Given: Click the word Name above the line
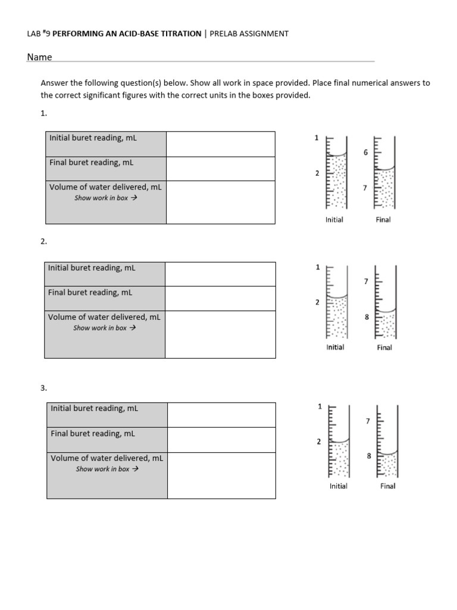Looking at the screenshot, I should [x=39, y=57].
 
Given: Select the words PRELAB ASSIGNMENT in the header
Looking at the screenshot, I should [x=249, y=33].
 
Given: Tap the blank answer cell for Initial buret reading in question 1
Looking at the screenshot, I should [x=220, y=144].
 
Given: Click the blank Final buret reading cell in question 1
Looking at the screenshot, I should [x=220, y=169].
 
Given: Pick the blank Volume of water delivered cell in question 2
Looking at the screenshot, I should [x=220, y=334].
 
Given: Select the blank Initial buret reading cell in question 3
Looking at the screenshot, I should [x=221, y=415].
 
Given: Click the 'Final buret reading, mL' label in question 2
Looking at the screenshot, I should [x=90, y=292].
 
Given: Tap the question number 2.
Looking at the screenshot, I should [x=43, y=241].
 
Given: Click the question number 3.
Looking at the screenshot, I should [x=43, y=388].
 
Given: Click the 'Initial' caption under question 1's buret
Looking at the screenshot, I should [x=334, y=220].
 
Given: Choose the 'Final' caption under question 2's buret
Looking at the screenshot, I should [x=384, y=347].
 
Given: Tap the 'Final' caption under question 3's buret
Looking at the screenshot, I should [x=388, y=486].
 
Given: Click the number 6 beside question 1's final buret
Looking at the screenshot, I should [x=366, y=153].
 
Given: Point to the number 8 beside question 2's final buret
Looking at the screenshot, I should [x=367, y=318].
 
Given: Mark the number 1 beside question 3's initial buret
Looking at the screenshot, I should [x=320, y=407].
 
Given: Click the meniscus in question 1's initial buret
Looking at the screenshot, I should [x=337, y=156].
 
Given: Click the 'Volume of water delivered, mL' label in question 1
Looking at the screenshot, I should [x=105, y=186].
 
